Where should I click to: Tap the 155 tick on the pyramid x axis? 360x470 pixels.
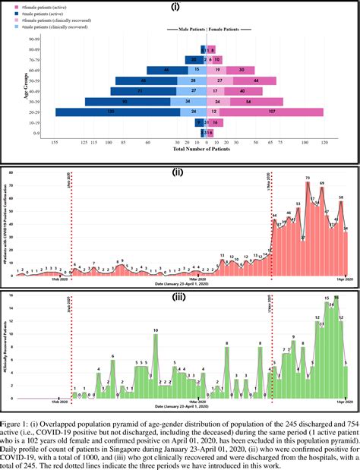(x=54, y=141)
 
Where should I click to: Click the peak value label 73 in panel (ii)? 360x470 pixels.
(x=308, y=179)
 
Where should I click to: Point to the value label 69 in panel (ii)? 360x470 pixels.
(x=322, y=184)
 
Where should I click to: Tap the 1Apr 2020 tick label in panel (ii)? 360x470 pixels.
(x=345, y=280)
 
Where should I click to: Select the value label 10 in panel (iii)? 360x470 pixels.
(x=155, y=331)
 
